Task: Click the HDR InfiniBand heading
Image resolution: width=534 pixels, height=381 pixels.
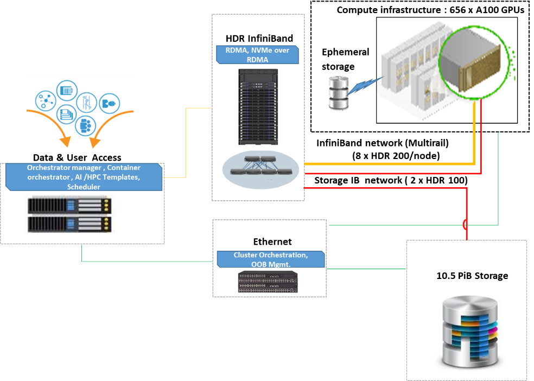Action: pyautogui.click(x=259, y=39)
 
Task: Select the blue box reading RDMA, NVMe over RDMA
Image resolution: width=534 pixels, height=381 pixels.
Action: pyautogui.click(x=258, y=55)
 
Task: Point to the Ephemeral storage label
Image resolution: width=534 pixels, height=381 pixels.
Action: pyautogui.click(x=345, y=59)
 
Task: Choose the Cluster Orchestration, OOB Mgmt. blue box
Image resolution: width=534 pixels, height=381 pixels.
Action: pyautogui.click(x=271, y=259)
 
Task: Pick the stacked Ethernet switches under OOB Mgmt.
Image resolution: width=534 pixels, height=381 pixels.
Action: pyautogui.click(x=268, y=282)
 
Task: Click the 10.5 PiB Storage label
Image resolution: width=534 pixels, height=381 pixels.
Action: pyautogui.click(x=472, y=276)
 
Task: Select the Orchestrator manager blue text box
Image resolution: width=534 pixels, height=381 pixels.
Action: pyautogui.click(x=84, y=177)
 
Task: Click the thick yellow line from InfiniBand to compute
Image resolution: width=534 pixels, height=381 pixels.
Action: pyautogui.click(x=391, y=163)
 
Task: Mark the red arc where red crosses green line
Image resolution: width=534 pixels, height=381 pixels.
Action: pyautogui.click(x=464, y=224)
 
